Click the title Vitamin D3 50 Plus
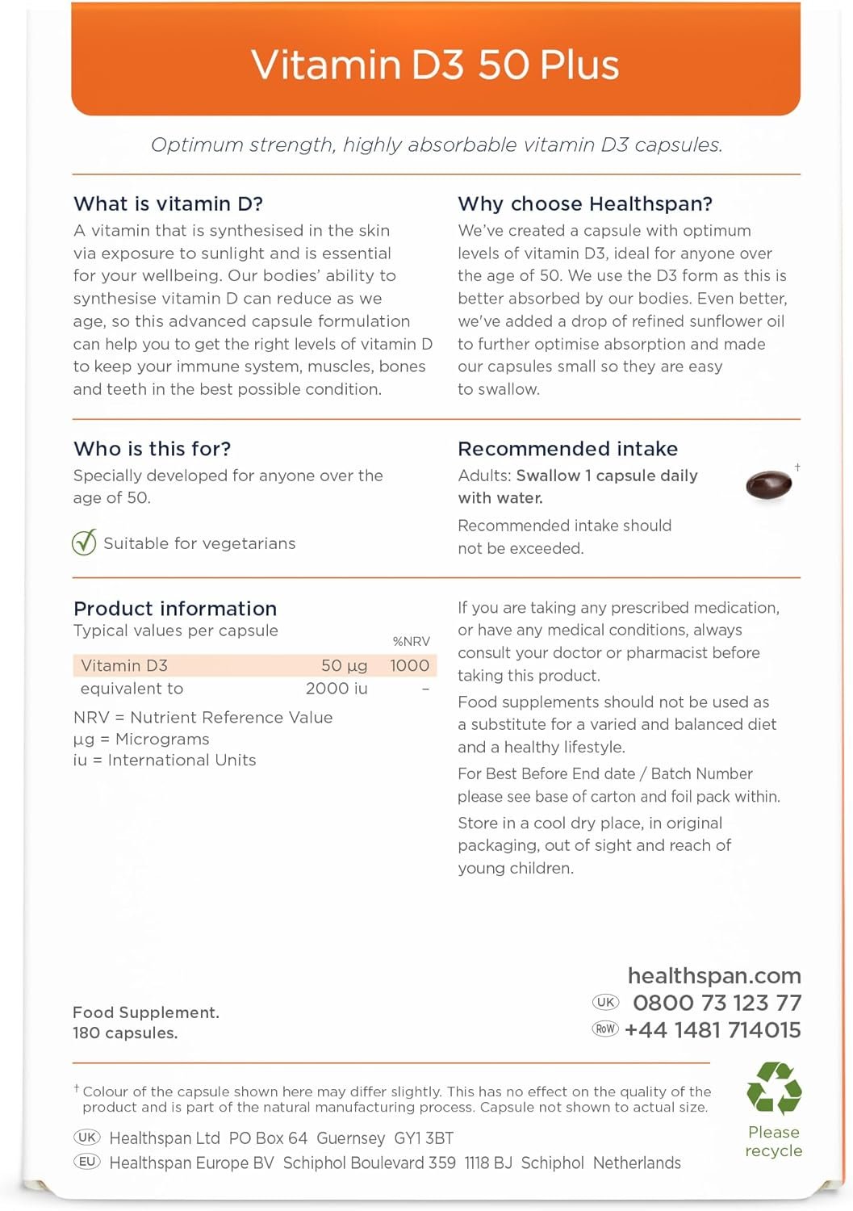click(x=435, y=65)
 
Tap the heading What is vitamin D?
click(x=168, y=203)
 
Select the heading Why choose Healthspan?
click(x=585, y=203)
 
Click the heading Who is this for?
click(x=152, y=449)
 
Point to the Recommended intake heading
click(x=567, y=449)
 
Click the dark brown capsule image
click(x=767, y=485)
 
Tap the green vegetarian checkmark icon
click(x=84, y=543)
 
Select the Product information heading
click(x=175, y=609)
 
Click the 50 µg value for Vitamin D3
click(x=344, y=666)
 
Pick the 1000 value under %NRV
click(x=409, y=666)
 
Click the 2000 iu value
click(x=337, y=689)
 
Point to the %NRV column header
click(x=411, y=642)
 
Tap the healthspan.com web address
click(x=714, y=976)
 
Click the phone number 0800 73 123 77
click(x=717, y=1004)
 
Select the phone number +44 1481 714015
click(x=713, y=1030)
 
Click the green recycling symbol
click(x=774, y=1088)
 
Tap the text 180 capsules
click(x=125, y=1033)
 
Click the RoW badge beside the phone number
click(x=605, y=1029)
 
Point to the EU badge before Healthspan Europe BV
click(x=87, y=1162)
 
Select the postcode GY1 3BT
click(x=424, y=1138)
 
